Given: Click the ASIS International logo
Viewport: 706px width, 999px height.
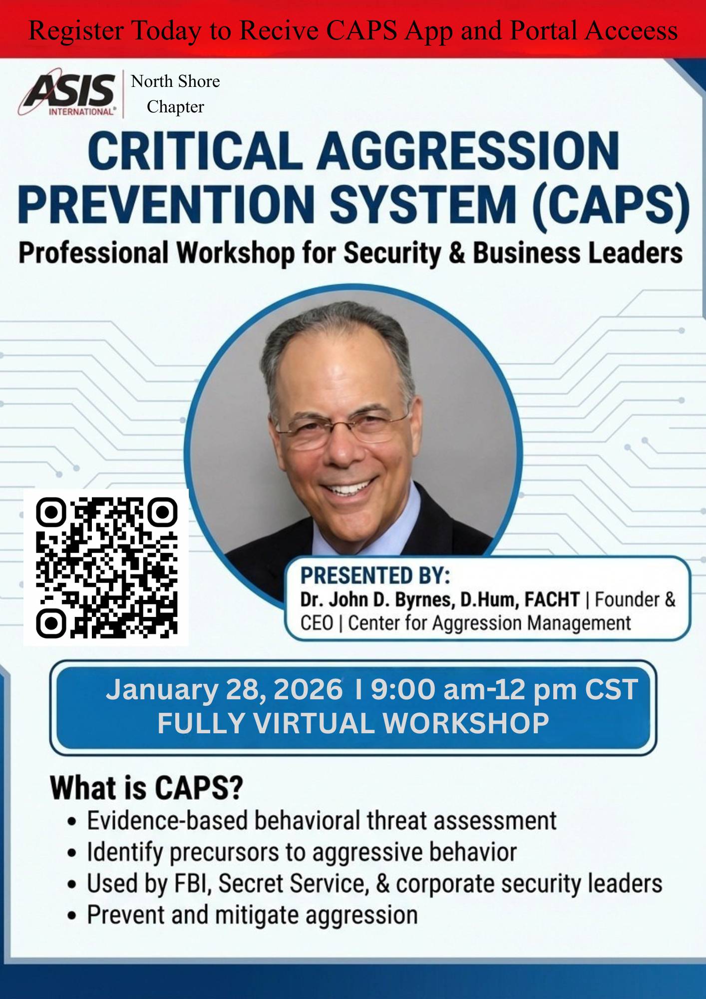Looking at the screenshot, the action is tap(67, 94).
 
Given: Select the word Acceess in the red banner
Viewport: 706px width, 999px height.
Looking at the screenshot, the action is tap(631, 30).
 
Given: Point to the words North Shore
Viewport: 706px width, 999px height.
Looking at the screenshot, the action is tap(175, 81).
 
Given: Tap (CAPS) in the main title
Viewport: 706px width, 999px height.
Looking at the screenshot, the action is tap(611, 204).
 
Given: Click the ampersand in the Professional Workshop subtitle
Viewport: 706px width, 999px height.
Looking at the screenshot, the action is tap(456, 253).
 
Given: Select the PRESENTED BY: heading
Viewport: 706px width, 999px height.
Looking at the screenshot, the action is tap(375, 575).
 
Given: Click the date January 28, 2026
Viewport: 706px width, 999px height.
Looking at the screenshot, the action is tap(224, 690).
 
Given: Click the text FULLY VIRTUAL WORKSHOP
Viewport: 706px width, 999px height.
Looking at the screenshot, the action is tap(353, 723).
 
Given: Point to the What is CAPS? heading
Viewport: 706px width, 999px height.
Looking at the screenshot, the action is tap(146, 788).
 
